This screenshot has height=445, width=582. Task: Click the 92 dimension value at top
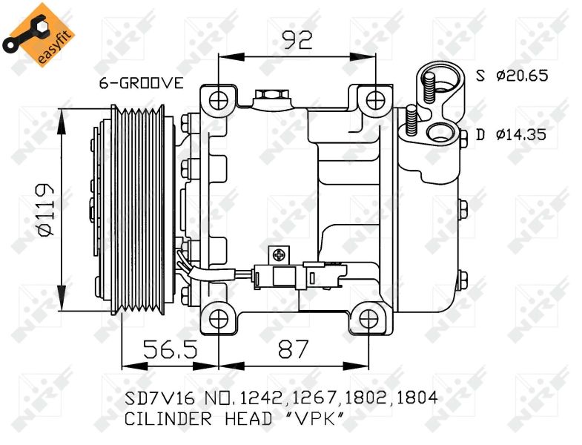(297, 40)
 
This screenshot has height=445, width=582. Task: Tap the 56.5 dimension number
(171, 349)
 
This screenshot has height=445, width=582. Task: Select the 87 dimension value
(294, 349)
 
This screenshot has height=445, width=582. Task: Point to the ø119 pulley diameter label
(47, 209)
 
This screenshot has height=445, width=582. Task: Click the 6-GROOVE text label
(141, 83)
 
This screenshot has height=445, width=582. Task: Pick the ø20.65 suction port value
(522, 76)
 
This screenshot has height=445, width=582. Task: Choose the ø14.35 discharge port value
(521, 134)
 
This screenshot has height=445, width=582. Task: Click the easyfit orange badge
(39, 36)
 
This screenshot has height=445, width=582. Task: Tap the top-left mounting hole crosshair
(219, 100)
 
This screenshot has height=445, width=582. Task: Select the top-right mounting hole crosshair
(376, 99)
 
